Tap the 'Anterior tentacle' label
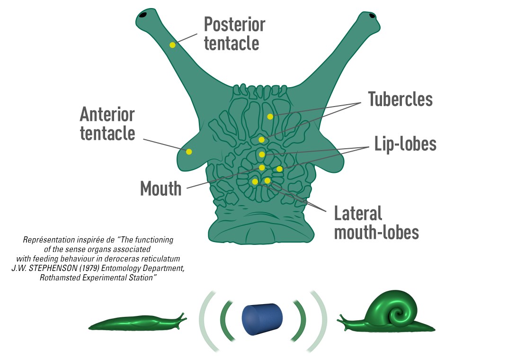coord(107,124)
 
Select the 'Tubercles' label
coord(400,99)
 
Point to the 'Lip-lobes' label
coord(405,144)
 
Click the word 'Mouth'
coord(161,189)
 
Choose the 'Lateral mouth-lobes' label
coord(376,223)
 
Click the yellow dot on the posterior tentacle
coord(172,45)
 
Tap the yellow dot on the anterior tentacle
coord(189,152)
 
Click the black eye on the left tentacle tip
coord(142,15)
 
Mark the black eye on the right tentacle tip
coord(372,16)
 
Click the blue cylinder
coord(262,317)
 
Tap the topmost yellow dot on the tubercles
coord(270,117)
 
